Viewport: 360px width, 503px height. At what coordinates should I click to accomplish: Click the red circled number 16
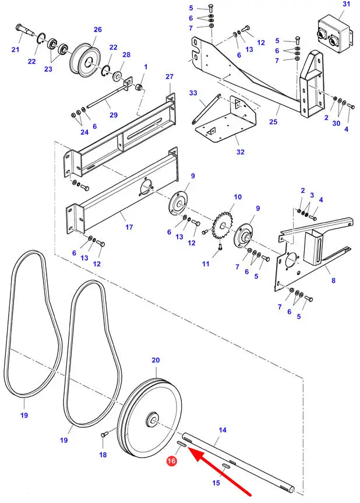[171, 461]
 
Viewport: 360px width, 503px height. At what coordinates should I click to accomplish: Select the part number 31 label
[346, 4]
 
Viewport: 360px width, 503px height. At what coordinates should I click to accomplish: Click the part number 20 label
[156, 360]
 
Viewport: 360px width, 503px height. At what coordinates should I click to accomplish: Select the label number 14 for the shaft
[223, 430]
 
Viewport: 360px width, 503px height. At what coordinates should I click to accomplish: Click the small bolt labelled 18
[104, 435]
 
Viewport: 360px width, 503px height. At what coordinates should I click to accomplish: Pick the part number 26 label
[98, 30]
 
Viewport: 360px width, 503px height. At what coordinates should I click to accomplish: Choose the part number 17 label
[129, 227]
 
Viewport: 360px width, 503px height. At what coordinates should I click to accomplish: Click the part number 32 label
[241, 152]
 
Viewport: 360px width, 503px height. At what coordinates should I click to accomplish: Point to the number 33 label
[193, 93]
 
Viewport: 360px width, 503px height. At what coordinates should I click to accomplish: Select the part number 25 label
[273, 122]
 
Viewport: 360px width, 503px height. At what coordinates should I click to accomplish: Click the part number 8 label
[333, 280]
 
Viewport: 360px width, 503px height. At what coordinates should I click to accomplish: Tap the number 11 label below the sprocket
[206, 263]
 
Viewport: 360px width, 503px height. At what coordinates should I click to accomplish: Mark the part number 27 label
[170, 76]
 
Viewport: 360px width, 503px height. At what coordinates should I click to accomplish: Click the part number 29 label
[114, 115]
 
